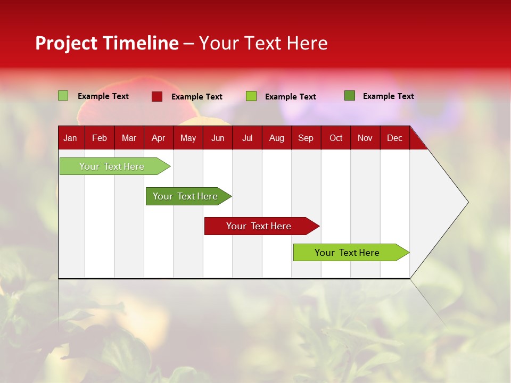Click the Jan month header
coord(70,138)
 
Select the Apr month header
coord(158,138)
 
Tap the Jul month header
coord(247,138)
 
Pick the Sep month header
coord(306,138)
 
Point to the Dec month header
coord(394,138)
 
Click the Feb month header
coord(100,138)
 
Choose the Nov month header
coord(365,138)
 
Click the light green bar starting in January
coord(112,166)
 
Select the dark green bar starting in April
coord(185,196)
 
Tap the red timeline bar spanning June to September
coord(259,226)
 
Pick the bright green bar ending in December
coord(347,253)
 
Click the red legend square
coord(157,96)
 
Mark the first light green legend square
coord(63,96)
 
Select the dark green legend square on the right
coord(350,96)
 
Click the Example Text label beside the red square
coord(196,97)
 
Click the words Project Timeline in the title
coord(106,43)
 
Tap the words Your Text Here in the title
coord(263,43)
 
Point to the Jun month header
coord(218,138)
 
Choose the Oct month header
coord(336,138)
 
